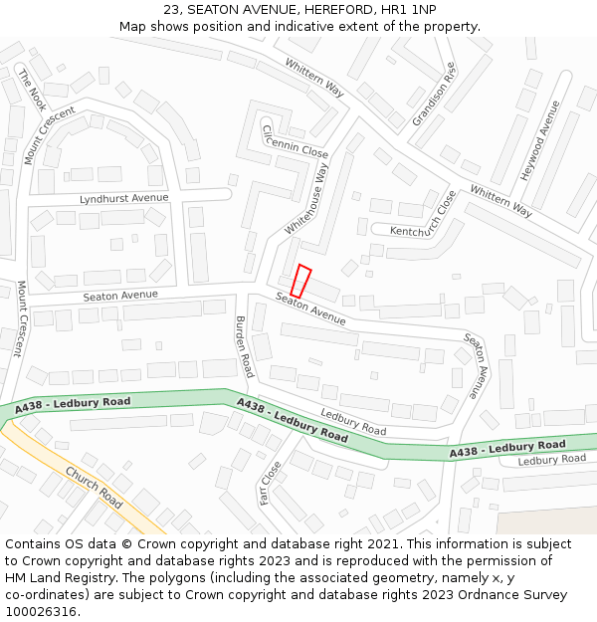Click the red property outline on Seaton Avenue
300,281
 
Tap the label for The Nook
32,90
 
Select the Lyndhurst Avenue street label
124,198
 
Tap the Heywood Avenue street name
536,149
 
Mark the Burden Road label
244,346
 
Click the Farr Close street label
270,483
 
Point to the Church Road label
95,487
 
